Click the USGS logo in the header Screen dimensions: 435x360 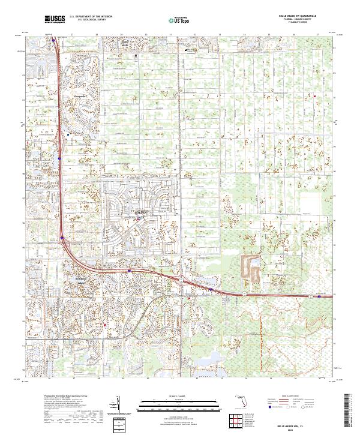tap(55, 19)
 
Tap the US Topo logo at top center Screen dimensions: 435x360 tap(180, 20)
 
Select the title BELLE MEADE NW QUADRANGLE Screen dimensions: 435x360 tap(302, 16)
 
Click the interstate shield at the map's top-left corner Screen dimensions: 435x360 tap(54, 41)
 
